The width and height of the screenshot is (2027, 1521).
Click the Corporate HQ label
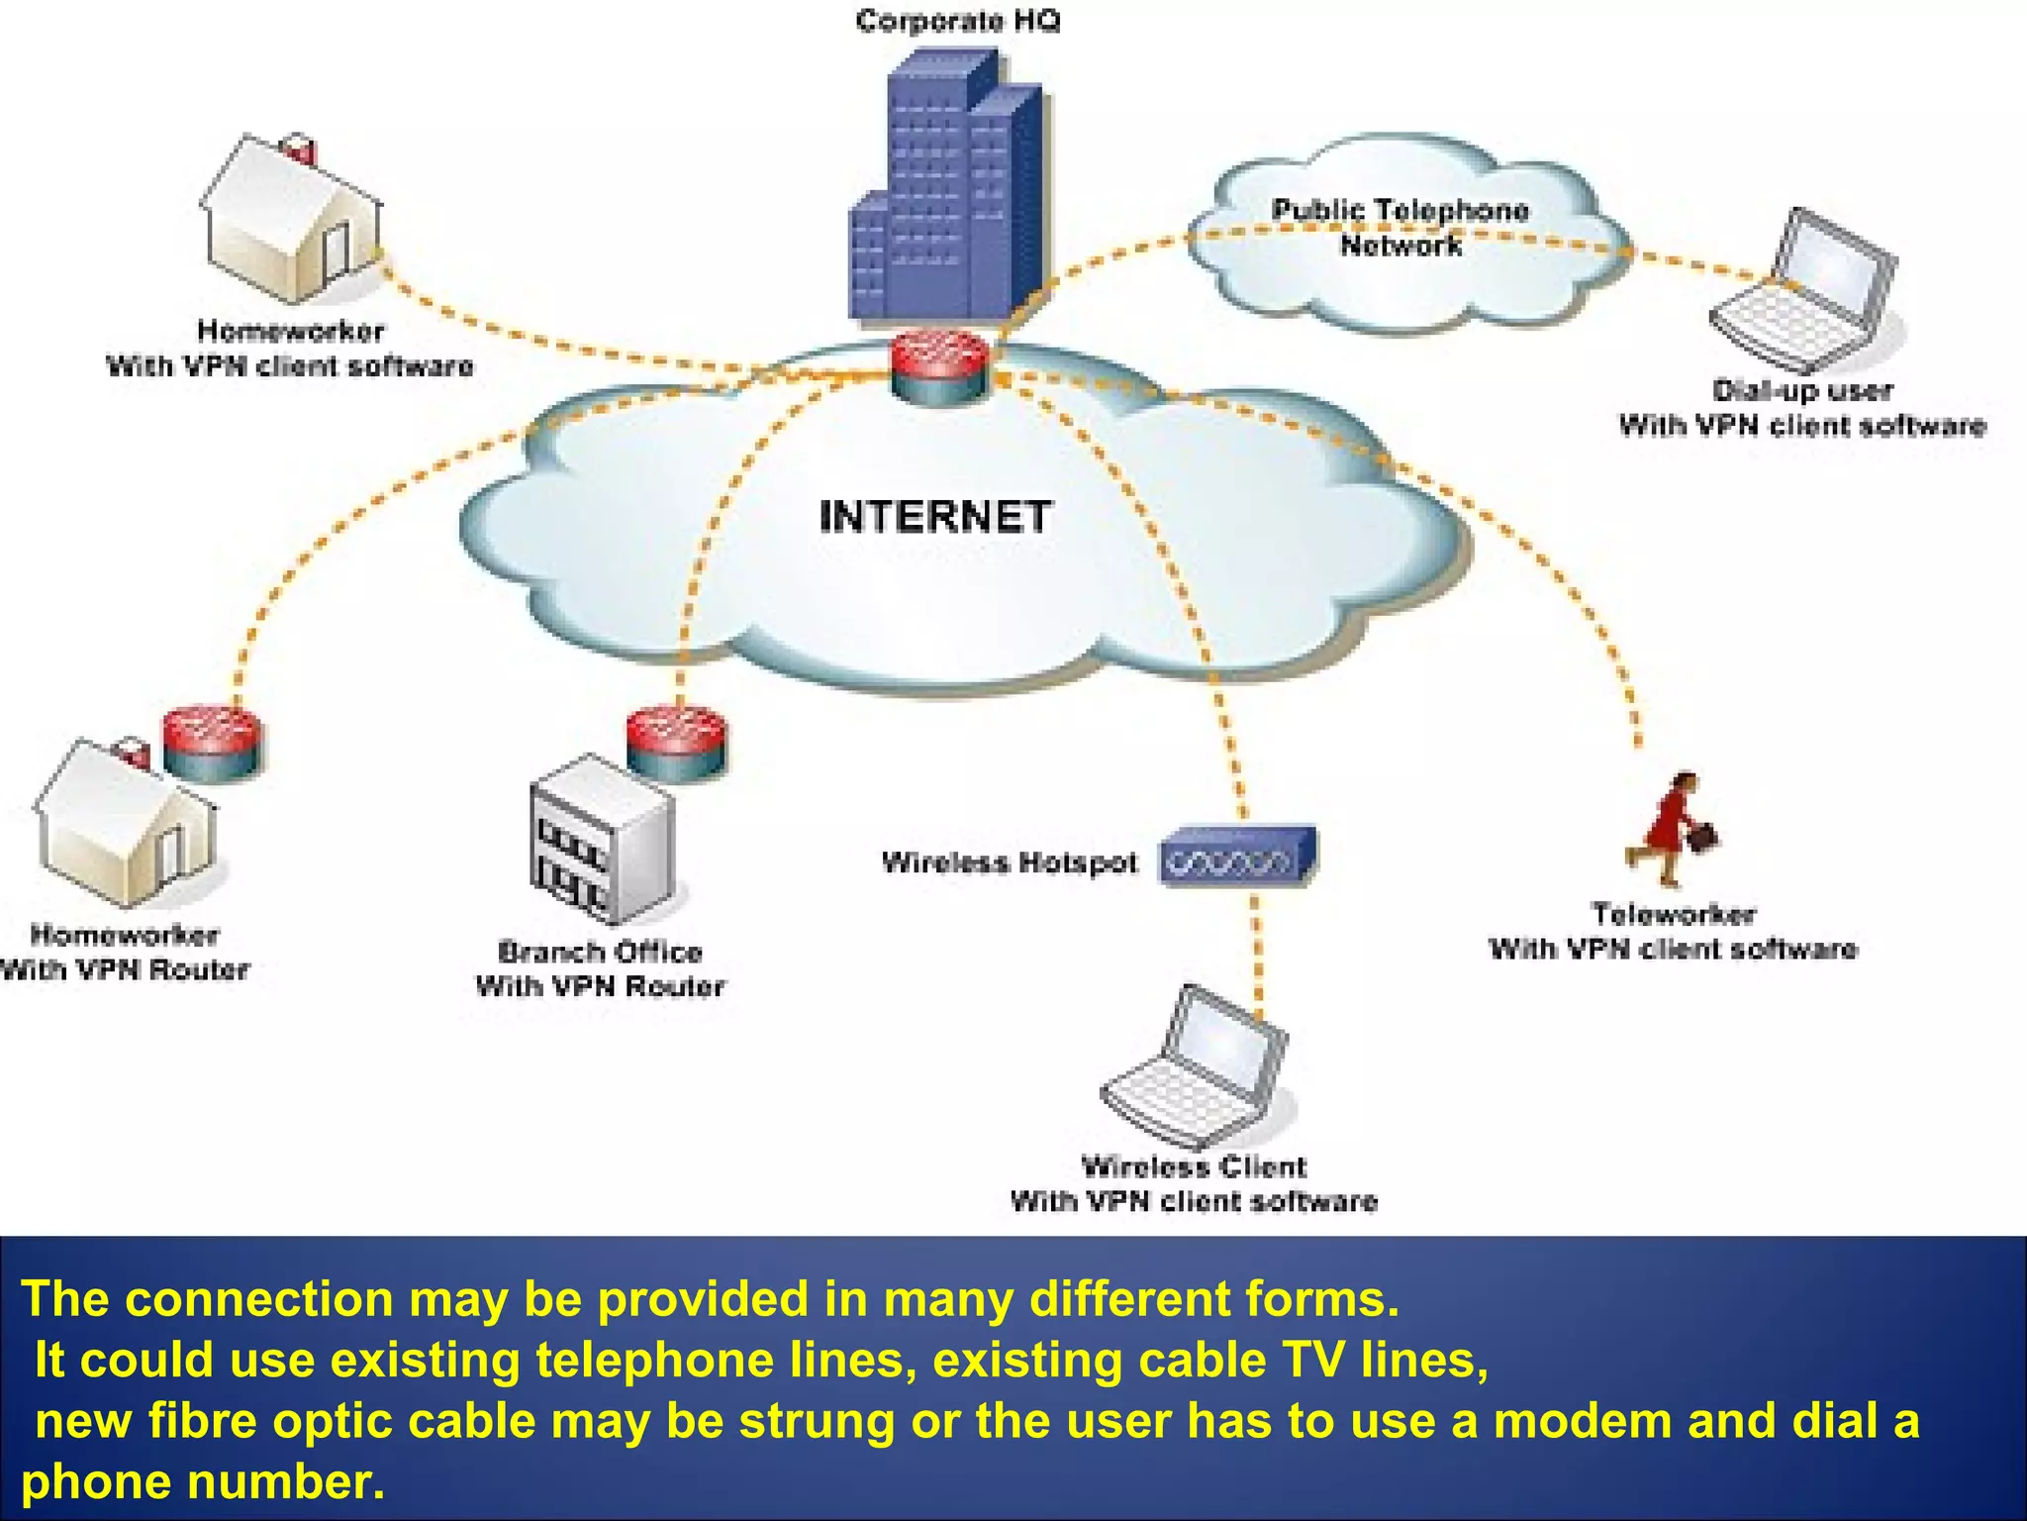pyautogui.click(x=957, y=21)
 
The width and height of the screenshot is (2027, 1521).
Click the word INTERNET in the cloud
pyautogui.click(x=934, y=517)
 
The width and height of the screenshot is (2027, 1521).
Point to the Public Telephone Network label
pyautogui.click(x=1400, y=227)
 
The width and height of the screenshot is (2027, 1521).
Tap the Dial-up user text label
pyautogui.click(x=1802, y=390)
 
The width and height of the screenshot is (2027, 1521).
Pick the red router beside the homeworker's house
pyautogui.click(x=212, y=744)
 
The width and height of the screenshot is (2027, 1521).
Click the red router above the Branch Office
pyautogui.click(x=676, y=743)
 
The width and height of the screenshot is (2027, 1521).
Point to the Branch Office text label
pyautogui.click(x=600, y=953)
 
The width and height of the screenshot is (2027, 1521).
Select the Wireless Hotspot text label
pyautogui.click(x=1010, y=862)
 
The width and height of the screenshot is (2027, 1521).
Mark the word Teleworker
pyautogui.click(x=1673, y=913)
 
